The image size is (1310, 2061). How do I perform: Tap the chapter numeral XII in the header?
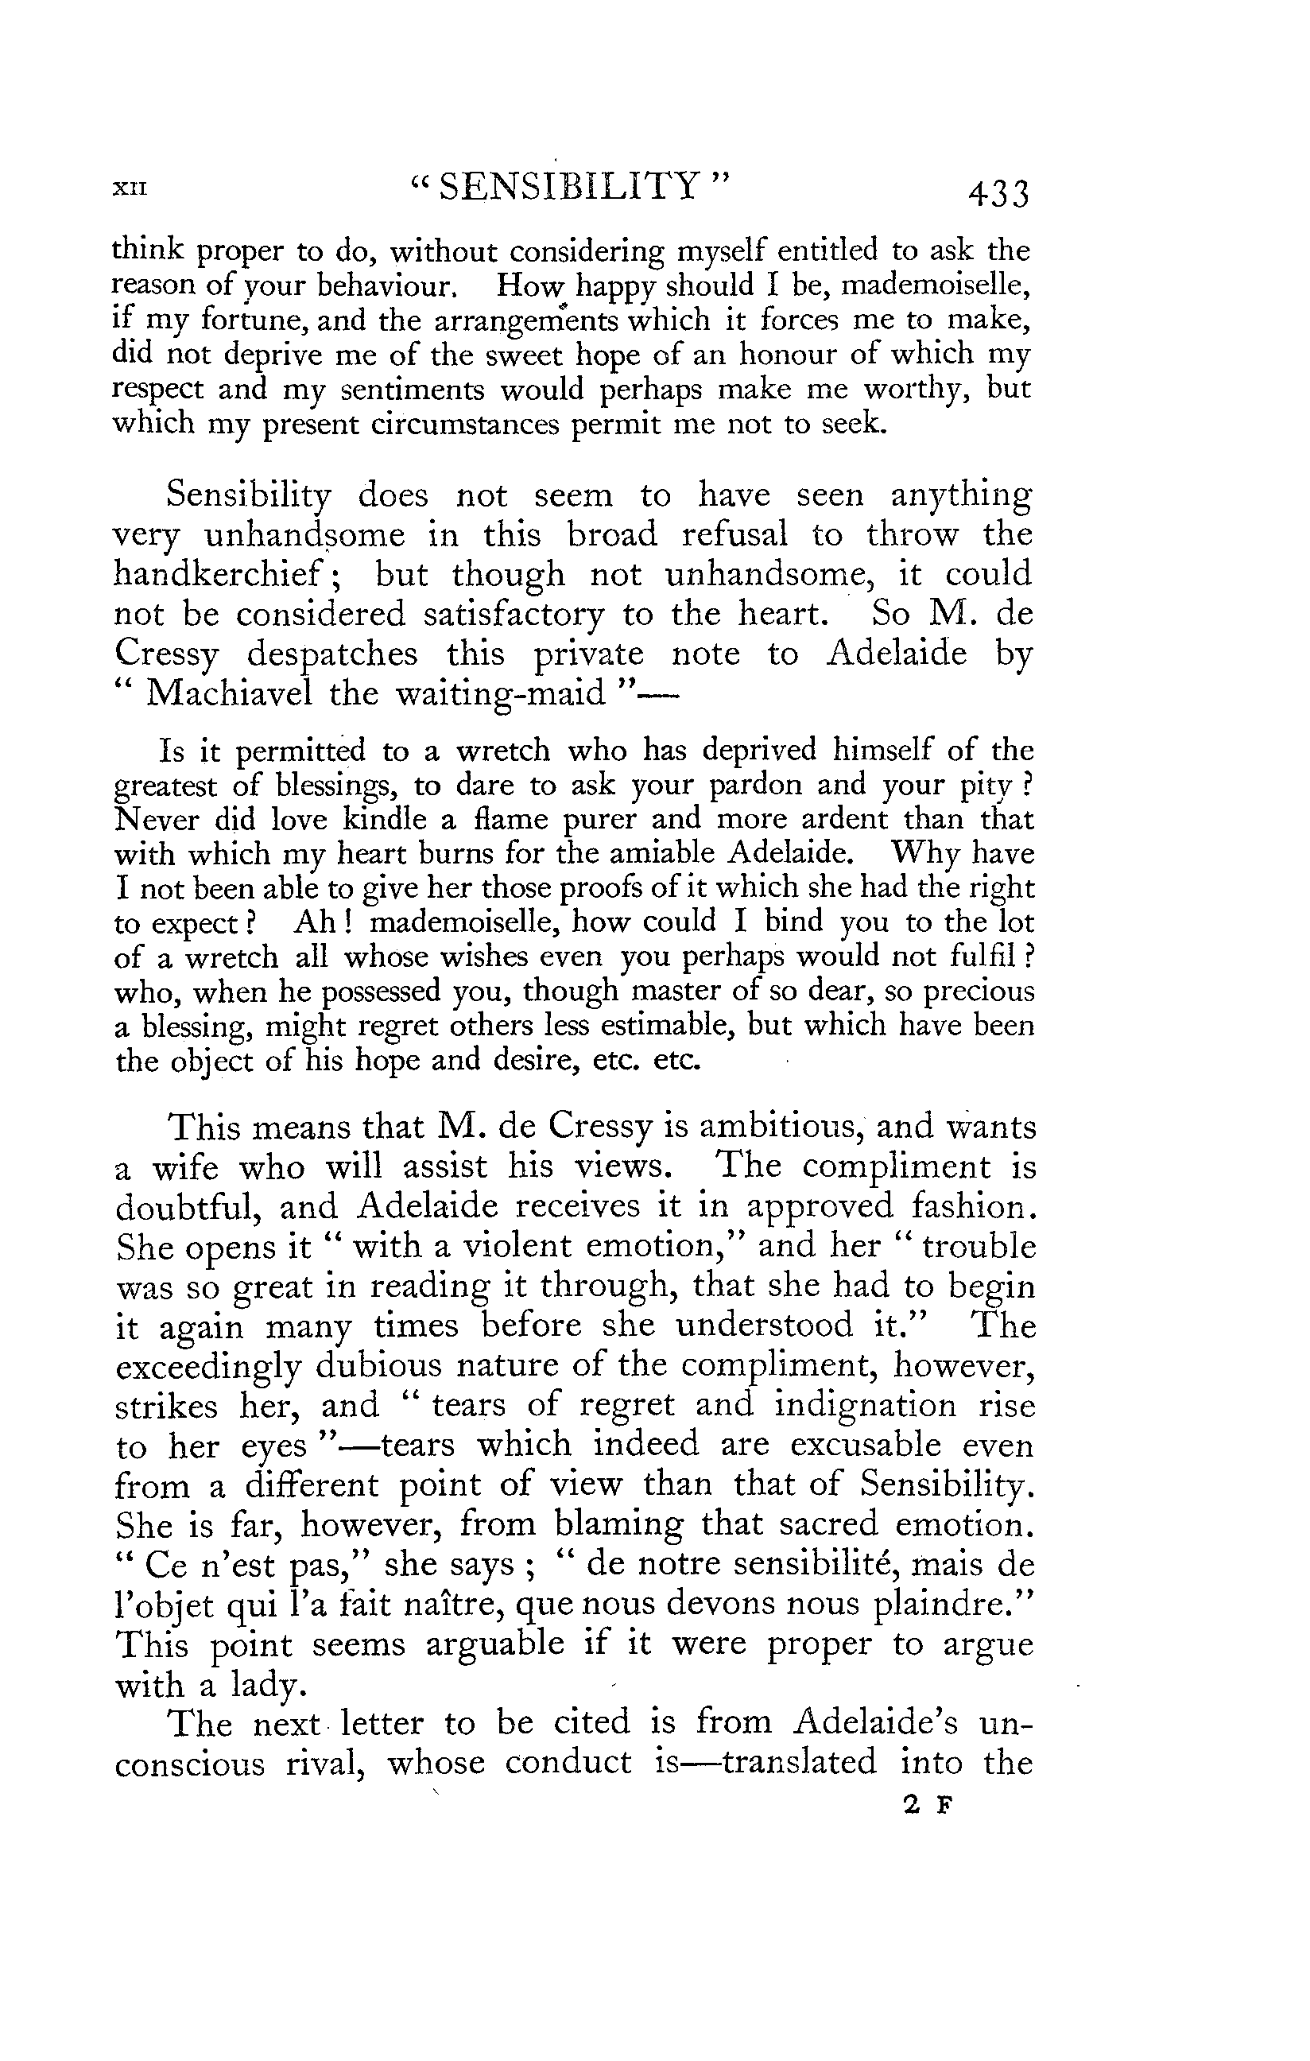point(130,189)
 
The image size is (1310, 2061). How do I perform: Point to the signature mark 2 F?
point(928,1805)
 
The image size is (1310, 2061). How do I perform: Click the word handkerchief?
point(220,574)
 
